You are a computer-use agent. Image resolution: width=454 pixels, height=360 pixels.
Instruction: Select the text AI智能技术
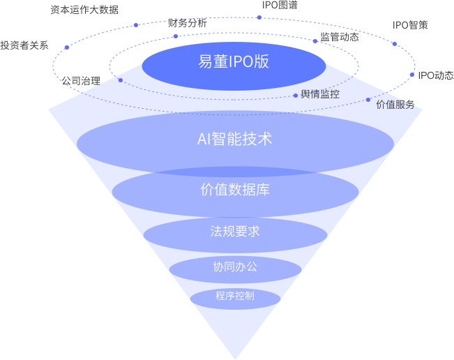coord(234,139)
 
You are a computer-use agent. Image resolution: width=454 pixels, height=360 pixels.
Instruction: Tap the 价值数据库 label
coord(234,189)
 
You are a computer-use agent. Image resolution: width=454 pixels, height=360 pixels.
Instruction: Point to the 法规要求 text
coord(234,231)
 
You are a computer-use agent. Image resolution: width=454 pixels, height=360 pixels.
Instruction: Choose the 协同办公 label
coord(234,267)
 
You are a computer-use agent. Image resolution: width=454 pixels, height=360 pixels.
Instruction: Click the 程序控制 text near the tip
coord(234,296)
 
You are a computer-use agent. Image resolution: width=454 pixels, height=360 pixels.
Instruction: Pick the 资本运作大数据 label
coord(84,10)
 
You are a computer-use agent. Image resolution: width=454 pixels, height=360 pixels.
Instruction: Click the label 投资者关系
coord(24,45)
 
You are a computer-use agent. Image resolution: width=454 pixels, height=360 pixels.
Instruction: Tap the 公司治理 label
coord(81,81)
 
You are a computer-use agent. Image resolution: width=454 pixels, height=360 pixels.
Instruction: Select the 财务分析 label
coord(188,23)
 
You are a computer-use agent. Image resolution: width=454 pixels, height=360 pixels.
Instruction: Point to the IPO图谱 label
coord(280,5)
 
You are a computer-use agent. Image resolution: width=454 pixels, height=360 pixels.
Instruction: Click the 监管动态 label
coord(340,37)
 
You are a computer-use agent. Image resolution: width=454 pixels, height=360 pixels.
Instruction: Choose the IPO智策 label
coord(410,25)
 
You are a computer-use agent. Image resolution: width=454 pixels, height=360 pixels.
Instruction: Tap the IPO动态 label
coord(435,75)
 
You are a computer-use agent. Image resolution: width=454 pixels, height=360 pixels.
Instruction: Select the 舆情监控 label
coord(320,94)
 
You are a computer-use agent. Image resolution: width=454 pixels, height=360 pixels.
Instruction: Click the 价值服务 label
coord(395,105)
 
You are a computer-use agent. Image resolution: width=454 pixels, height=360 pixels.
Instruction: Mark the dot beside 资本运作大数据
coord(135,25)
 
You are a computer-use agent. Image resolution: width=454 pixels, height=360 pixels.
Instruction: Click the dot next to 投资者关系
coord(66,47)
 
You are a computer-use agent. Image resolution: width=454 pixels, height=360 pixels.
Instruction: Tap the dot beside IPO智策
coord(394,44)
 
